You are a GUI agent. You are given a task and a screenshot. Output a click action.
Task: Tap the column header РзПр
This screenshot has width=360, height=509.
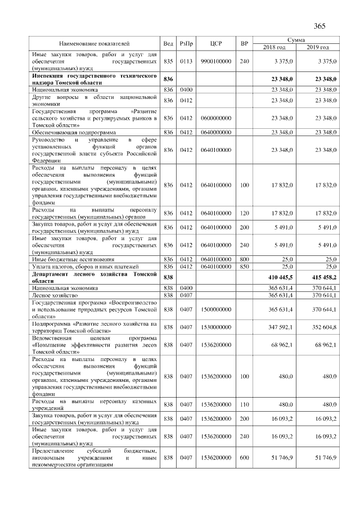click(x=186, y=43)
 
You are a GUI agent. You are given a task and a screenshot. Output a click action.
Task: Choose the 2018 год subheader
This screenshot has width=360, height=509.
click(x=275, y=47)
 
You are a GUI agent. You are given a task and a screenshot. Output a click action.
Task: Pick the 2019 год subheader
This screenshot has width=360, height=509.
click(x=317, y=47)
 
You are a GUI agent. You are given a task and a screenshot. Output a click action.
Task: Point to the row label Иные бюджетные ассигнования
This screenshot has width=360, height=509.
click(x=67, y=259)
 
